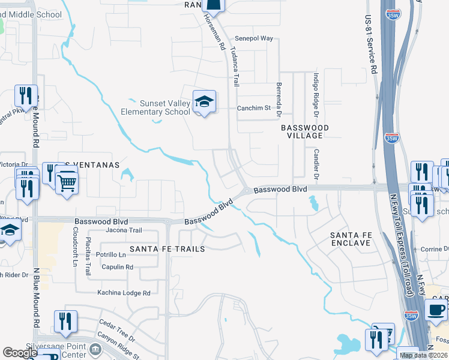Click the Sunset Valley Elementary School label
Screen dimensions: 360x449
155,107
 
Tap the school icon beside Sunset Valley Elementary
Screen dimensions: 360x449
204,101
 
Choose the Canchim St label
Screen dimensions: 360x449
254,108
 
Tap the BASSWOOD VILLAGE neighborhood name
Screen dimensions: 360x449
305,131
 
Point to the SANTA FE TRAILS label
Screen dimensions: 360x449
167,248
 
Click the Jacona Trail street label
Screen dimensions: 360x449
123,230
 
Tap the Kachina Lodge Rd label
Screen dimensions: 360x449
124,293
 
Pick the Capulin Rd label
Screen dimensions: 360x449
117,267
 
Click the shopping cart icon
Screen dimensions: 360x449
67,181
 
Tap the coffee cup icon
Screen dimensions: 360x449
436,310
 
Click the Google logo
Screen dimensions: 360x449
20,353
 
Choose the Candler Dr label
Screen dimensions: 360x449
316,164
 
